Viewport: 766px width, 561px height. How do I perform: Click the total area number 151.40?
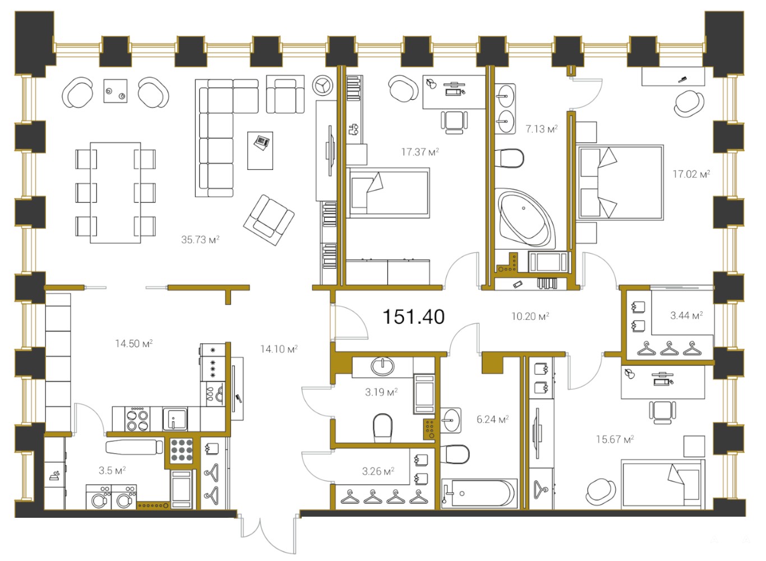click(x=413, y=317)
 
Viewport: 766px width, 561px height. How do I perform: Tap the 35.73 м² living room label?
click(x=200, y=240)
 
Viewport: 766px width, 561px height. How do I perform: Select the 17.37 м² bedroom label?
click(x=420, y=151)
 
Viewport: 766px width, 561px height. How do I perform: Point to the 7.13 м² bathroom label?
click(x=541, y=129)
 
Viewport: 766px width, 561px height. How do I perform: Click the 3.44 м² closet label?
click(x=686, y=315)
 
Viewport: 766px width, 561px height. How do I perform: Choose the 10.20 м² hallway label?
click(x=530, y=316)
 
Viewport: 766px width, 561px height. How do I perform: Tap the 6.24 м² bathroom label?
click(x=492, y=419)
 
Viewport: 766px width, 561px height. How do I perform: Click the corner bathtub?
click(x=525, y=217)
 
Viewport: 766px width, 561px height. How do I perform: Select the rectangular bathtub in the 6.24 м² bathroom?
click(x=479, y=493)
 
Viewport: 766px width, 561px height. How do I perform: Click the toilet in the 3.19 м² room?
click(x=382, y=427)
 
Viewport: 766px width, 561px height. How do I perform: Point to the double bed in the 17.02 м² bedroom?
click(x=620, y=183)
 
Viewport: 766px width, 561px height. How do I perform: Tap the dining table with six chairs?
click(x=116, y=192)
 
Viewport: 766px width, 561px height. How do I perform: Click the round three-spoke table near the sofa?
click(x=322, y=85)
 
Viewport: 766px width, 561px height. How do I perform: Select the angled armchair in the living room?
click(x=269, y=220)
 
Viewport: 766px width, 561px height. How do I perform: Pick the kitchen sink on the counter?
click(x=175, y=419)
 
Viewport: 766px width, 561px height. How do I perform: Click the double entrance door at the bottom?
click(x=268, y=532)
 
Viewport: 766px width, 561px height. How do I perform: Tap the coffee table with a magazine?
click(x=260, y=150)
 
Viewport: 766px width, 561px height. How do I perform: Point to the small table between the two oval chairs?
click(x=116, y=91)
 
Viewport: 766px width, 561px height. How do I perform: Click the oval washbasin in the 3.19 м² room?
click(x=382, y=366)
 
